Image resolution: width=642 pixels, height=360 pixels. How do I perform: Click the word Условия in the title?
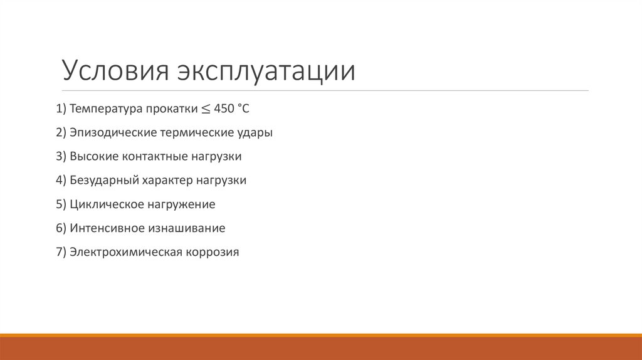(113, 71)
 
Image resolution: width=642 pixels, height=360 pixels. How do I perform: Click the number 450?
(223, 109)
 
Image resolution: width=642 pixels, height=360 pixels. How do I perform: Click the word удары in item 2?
(256, 133)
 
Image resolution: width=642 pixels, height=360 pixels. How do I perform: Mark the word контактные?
(152, 157)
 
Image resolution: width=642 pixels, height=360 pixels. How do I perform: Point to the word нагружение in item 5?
(182, 204)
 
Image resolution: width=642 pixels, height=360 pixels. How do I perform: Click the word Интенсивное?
(107, 228)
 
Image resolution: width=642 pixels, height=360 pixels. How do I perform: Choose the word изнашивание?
(187, 228)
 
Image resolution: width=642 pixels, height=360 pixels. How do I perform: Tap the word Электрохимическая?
(125, 253)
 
